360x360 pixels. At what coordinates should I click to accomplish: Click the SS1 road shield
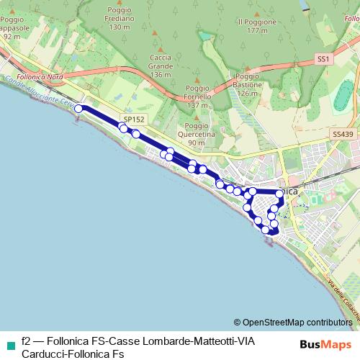point(323,58)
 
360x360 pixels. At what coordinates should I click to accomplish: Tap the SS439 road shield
point(343,135)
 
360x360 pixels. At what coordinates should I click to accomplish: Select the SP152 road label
point(134,120)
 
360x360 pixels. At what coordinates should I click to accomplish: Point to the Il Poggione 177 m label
point(256,26)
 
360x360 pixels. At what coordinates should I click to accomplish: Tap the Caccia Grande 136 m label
point(161,66)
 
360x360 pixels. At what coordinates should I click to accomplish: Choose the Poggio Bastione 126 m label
point(246,84)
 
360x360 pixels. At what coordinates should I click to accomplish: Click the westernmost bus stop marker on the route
point(78,109)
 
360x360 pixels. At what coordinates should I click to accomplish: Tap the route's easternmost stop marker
point(279,194)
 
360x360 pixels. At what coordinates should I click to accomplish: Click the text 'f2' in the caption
point(27,341)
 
